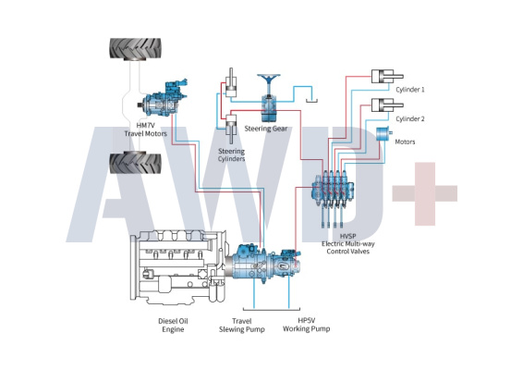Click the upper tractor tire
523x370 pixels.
[136, 48]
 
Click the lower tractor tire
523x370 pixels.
[136, 163]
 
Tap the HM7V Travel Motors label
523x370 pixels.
[146, 129]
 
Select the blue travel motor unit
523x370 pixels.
[163, 98]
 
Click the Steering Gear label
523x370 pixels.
[266, 129]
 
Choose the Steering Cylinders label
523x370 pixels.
[232, 155]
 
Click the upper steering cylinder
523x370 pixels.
[231, 83]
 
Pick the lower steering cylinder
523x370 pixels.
[232, 129]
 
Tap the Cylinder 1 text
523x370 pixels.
[410, 90]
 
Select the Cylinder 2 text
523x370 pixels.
[410, 119]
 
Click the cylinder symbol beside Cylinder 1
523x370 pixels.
[387, 77]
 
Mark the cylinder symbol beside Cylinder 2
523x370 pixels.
[387, 105]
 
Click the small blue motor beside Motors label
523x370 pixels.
[383, 134]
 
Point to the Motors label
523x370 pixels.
[405, 142]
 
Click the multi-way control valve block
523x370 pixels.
[333, 193]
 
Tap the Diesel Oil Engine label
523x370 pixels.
[173, 326]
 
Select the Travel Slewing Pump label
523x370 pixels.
[242, 326]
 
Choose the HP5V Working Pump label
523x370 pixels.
[307, 325]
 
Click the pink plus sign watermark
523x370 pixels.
[425, 193]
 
